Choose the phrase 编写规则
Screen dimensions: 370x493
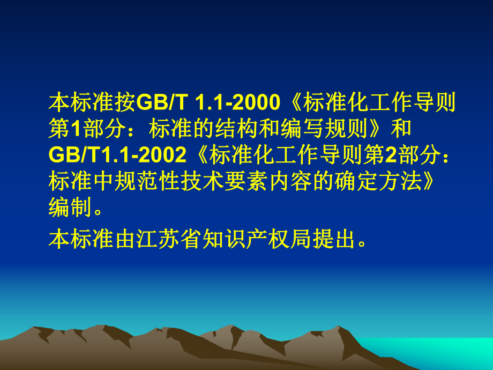[x=335, y=129]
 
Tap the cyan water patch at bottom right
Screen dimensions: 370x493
[x=472, y=354]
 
